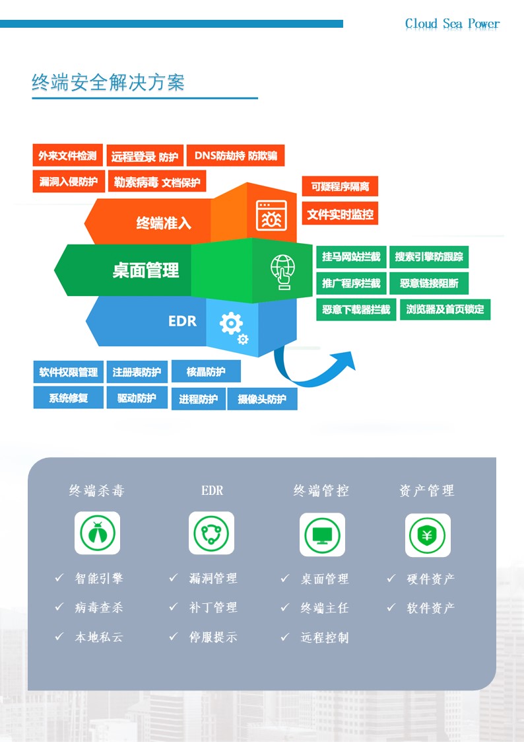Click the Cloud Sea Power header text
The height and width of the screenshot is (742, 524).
click(452, 24)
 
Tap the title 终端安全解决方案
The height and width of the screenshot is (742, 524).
click(108, 82)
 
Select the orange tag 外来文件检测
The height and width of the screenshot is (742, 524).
click(67, 156)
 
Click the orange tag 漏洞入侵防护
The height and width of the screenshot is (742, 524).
click(68, 181)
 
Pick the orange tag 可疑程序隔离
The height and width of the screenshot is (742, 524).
click(340, 187)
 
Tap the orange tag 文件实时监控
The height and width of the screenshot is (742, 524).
click(340, 214)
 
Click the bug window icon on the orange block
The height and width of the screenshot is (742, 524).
click(271, 215)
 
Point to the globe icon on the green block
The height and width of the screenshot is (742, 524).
click(282, 271)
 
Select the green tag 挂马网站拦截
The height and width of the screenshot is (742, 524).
click(351, 257)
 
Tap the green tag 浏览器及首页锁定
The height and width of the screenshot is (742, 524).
click(445, 309)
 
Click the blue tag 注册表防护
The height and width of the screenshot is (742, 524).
click(137, 372)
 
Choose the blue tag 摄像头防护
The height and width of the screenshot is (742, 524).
click(262, 399)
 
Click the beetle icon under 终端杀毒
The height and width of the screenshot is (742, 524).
click(97, 533)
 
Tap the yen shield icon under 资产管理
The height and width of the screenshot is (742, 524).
click(427, 535)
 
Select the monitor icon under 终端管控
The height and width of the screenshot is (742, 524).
click(322, 535)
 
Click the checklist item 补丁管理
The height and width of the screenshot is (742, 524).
click(213, 607)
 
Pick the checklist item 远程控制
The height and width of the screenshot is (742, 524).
click(325, 638)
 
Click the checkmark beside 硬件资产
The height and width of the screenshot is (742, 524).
click(391, 578)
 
